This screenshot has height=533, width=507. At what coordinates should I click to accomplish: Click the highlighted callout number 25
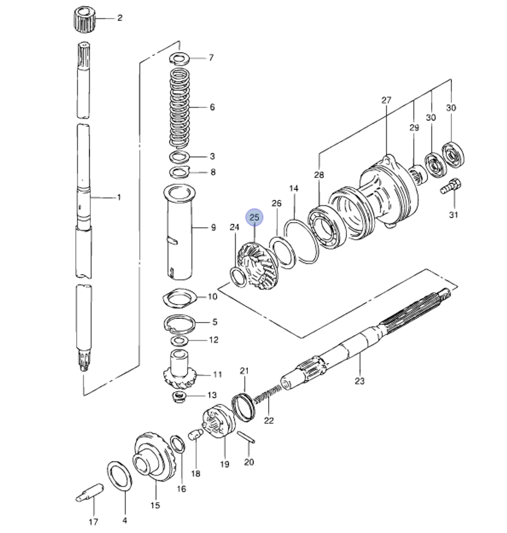[255, 218]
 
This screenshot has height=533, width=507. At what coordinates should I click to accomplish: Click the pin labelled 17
[90, 492]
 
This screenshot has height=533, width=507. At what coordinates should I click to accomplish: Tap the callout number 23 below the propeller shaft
[359, 381]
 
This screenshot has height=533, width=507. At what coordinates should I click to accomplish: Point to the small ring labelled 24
[237, 276]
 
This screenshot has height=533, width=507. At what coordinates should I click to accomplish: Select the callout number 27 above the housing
[386, 100]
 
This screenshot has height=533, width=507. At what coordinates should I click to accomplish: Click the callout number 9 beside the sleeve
[213, 228]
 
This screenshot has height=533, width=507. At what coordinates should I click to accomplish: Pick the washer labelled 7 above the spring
[180, 58]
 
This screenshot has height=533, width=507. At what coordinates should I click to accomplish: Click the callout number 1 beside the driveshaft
[119, 197]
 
